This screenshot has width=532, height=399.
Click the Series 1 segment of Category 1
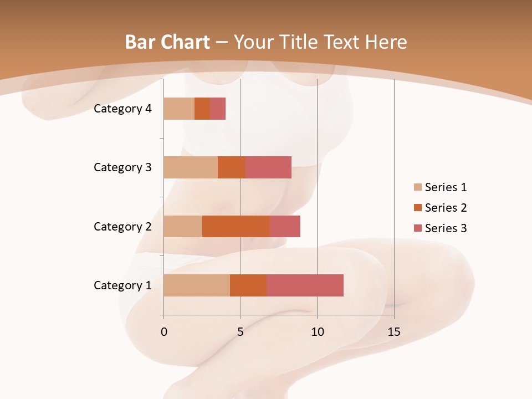pyautogui.click(x=197, y=285)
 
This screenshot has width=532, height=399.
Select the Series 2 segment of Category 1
pyautogui.click(x=248, y=285)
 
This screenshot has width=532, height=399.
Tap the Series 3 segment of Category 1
pyautogui.click(x=305, y=285)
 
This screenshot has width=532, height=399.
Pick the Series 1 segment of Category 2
pyautogui.click(x=183, y=226)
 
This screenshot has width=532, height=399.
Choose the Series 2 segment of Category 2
pyautogui.click(x=236, y=226)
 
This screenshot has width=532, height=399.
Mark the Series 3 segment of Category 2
pyautogui.click(x=285, y=226)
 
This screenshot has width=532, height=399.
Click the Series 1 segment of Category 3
pyautogui.click(x=191, y=167)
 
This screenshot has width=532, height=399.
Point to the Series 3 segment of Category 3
pyautogui.click(x=268, y=167)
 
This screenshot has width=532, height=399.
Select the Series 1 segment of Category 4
pyautogui.click(x=179, y=109)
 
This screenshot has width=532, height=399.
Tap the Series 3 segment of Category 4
pyautogui.click(x=218, y=109)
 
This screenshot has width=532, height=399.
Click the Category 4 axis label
pyautogui.click(x=122, y=109)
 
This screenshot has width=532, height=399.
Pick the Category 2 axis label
pyautogui.click(x=122, y=226)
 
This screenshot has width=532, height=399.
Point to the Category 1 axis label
pyautogui.click(x=122, y=285)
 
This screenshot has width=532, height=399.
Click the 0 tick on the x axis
pyautogui.click(x=163, y=332)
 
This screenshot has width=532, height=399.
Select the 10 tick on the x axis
pyautogui.click(x=317, y=332)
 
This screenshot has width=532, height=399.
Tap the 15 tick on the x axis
pyautogui.click(x=393, y=332)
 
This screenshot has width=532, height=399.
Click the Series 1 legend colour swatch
pyautogui.click(x=417, y=187)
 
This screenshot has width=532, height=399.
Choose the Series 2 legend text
pyautogui.click(x=446, y=208)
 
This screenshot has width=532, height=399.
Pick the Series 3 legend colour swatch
pyautogui.click(x=417, y=228)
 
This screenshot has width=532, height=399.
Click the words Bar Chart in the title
pyautogui.click(x=167, y=42)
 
